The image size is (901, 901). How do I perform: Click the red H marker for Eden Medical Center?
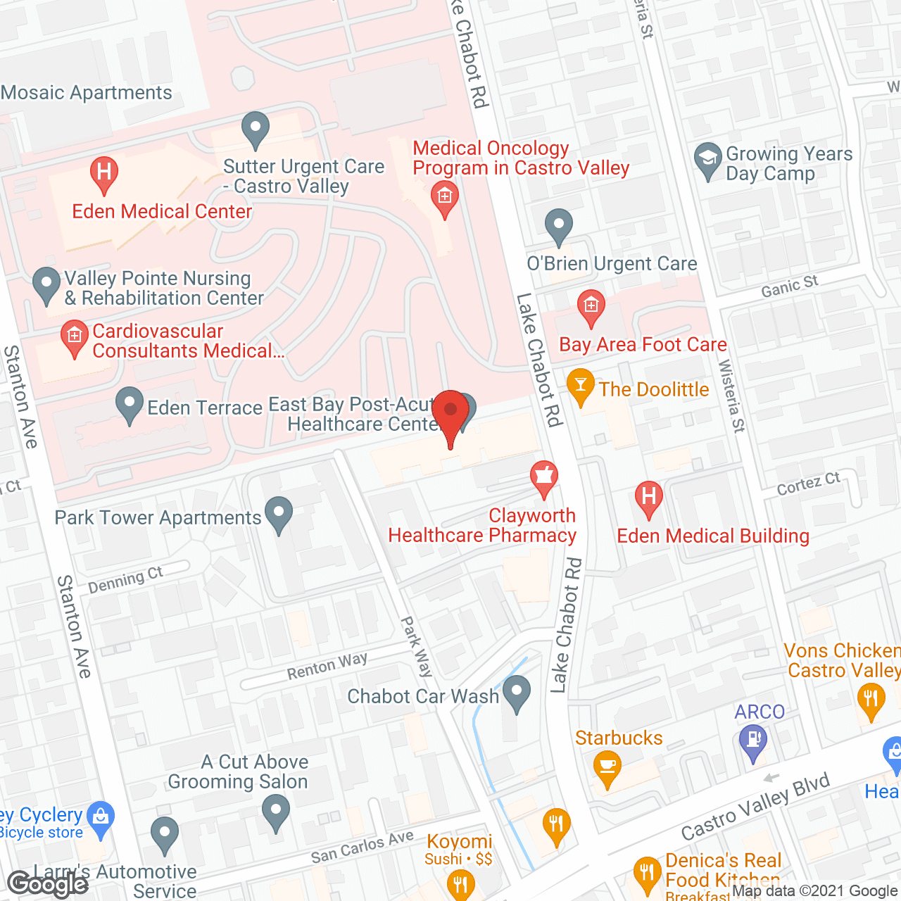coord(103,172)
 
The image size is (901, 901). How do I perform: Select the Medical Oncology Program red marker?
coord(444,196)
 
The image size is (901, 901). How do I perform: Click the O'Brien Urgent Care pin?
coord(558,225)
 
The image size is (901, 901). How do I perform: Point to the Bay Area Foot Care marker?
coord(591,306)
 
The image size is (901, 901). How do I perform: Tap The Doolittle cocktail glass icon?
coord(580,385)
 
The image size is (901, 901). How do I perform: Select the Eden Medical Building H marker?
coord(648,497)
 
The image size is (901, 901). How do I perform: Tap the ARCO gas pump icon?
coord(753,741)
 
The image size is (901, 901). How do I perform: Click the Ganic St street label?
coord(789,286)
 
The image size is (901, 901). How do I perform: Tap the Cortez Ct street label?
coord(808,484)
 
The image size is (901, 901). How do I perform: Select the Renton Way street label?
coord(327,666)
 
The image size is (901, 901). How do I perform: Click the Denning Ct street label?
coord(125,580)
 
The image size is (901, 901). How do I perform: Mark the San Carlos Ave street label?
coord(362,847)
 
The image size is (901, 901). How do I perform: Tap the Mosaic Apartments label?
coord(87,93)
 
